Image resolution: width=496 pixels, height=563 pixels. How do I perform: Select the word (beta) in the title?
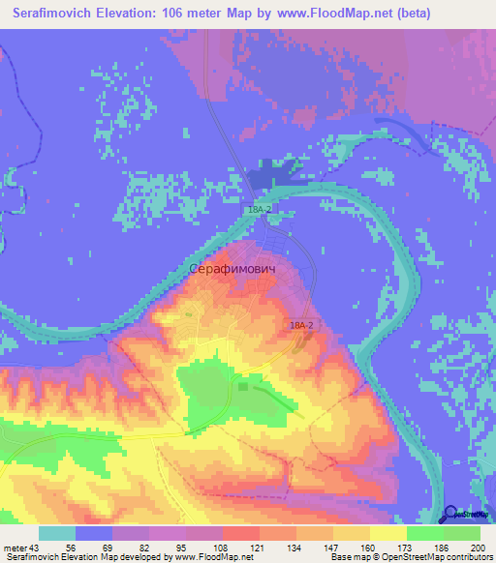point(410,14)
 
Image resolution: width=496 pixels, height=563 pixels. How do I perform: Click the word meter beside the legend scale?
point(14,548)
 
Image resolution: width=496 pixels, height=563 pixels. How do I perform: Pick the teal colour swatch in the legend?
point(57,533)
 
